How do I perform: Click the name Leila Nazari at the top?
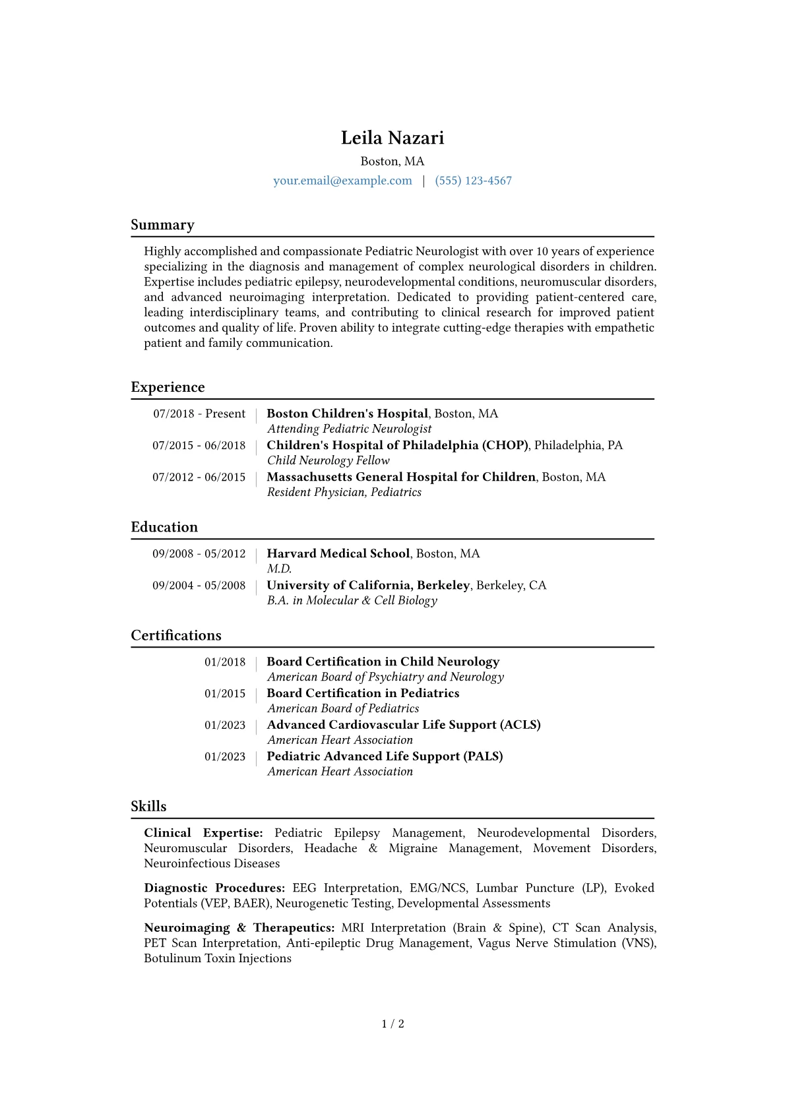pyautogui.click(x=392, y=138)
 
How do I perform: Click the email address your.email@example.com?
pyautogui.click(x=342, y=181)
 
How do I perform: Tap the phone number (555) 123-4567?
pyautogui.click(x=473, y=181)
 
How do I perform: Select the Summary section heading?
pyautogui.click(x=162, y=225)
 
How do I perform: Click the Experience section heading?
pyautogui.click(x=168, y=387)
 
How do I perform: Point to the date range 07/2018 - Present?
pyautogui.click(x=199, y=414)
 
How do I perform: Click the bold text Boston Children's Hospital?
pyautogui.click(x=347, y=414)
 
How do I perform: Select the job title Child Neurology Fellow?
pyautogui.click(x=328, y=460)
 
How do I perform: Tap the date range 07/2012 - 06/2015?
pyautogui.click(x=199, y=477)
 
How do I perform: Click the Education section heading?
pyautogui.click(x=164, y=527)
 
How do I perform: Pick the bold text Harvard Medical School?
pyautogui.click(x=338, y=553)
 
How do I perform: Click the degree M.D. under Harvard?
pyautogui.click(x=279, y=569)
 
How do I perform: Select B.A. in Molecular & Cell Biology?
pyautogui.click(x=352, y=600)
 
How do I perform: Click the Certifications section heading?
pyautogui.click(x=176, y=635)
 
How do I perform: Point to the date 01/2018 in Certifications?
pyautogui.click(x=224, y=662)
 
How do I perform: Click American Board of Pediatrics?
pyautogui.click(x=343, y=708)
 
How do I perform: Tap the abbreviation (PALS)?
pyautogui.click(x=483, y=756)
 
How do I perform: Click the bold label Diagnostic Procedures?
pyautogui.click(x=214, y=888)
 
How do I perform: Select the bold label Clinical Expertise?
pyautogui.click(x=203, y=833)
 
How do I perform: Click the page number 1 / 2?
pyautogui.click(x=392, y=1024)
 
